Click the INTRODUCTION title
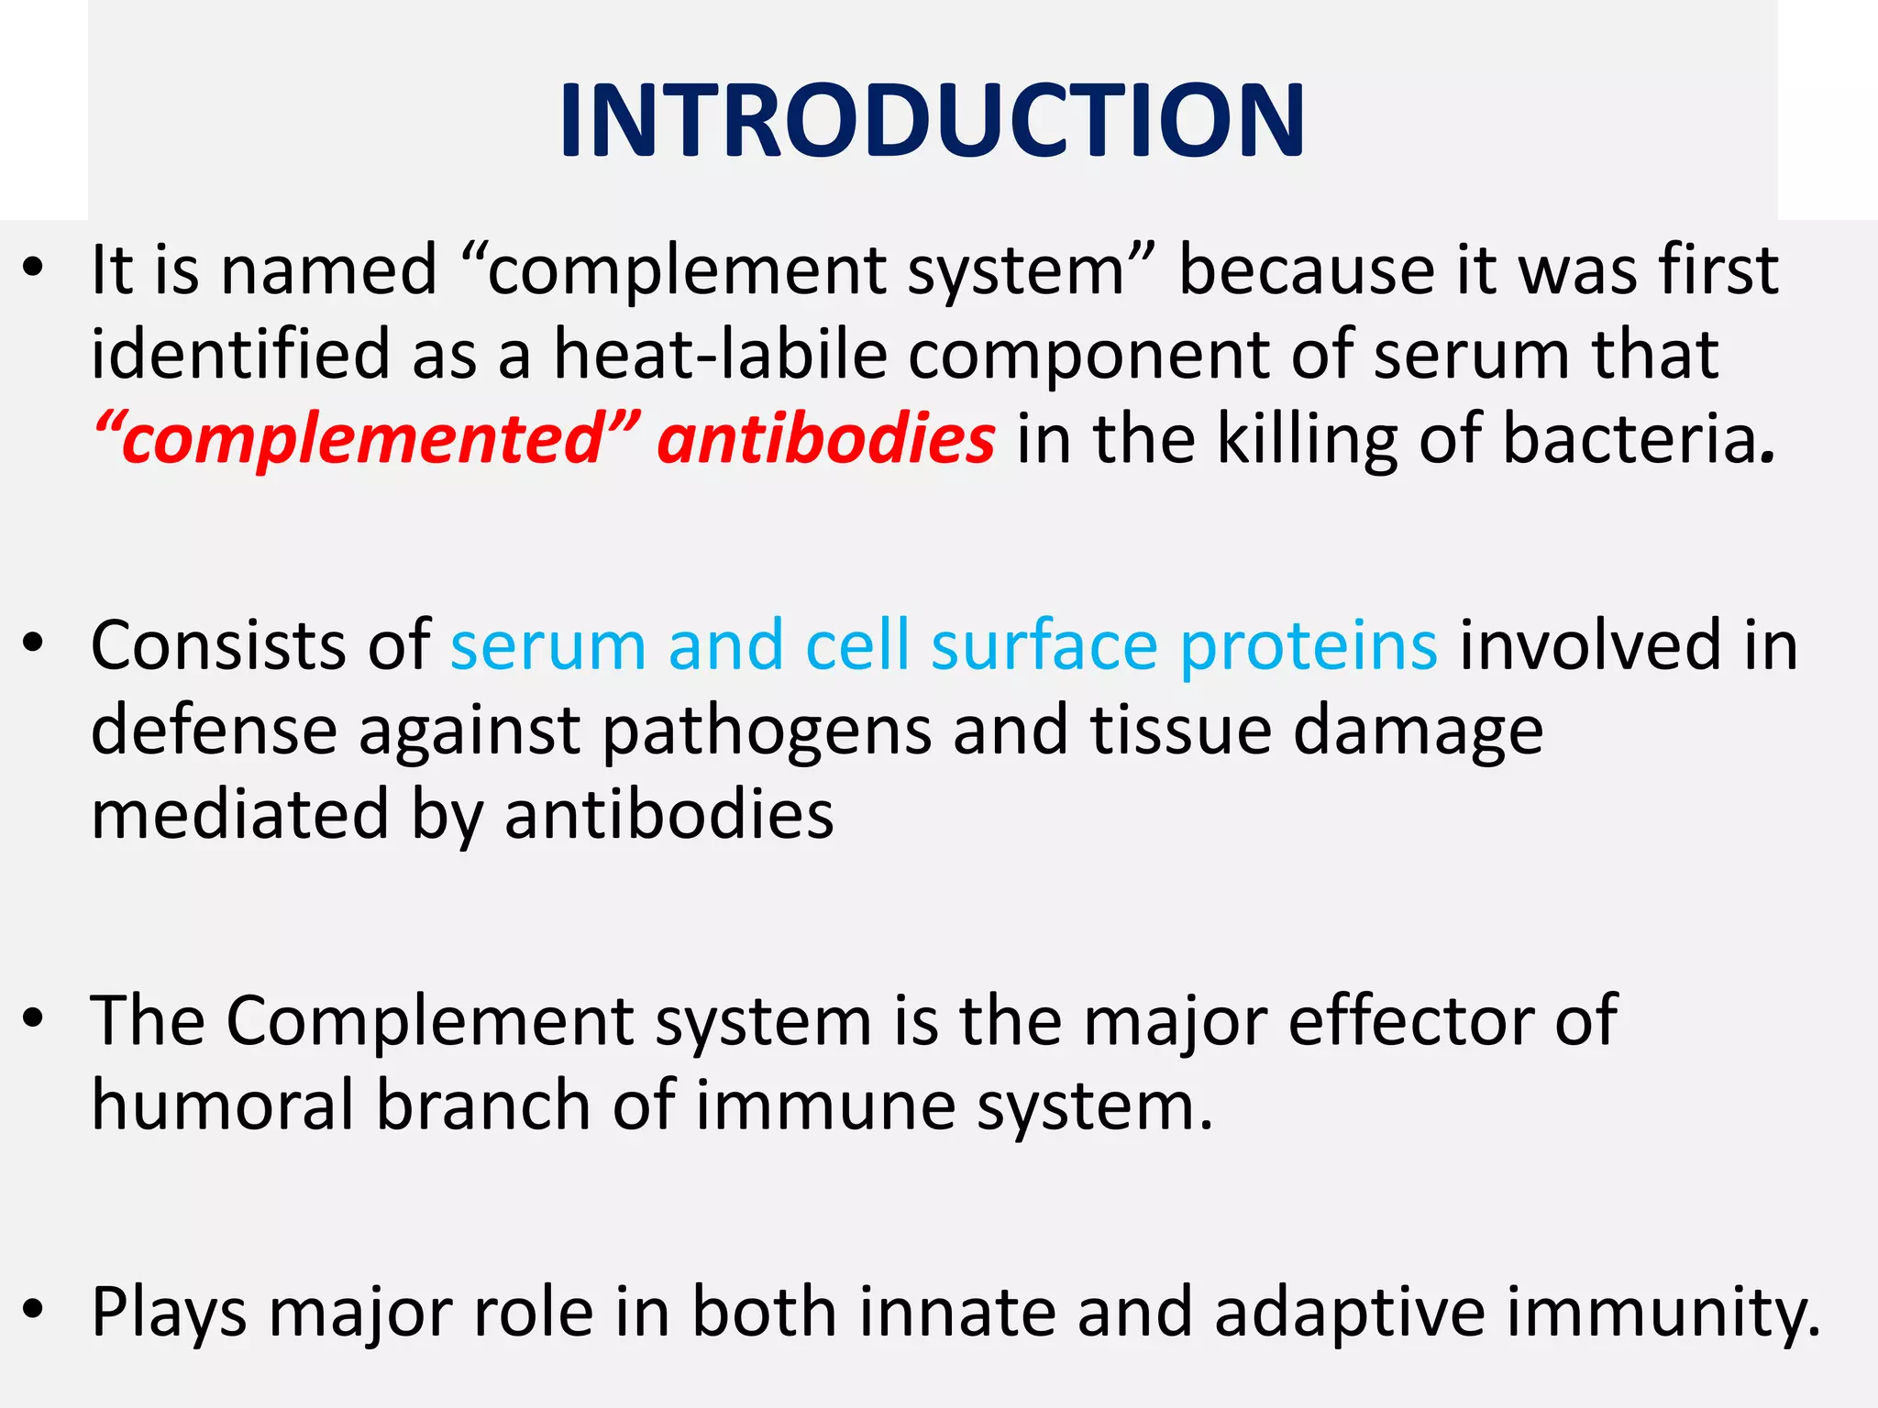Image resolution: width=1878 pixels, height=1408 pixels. (x=932, y=121)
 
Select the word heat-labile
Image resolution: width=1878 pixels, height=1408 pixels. (x=720, y=355)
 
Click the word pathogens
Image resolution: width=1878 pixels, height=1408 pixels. (x=767, y=731)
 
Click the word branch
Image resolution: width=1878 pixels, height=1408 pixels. (x=483, y=1105)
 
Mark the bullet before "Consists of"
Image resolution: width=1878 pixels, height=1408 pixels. (x=34, y=644)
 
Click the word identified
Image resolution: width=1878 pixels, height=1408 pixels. (x=240, y=355)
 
